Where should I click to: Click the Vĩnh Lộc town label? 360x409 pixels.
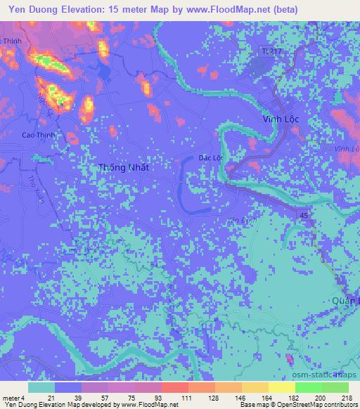pos(281,119)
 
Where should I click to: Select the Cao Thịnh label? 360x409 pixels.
pos(39,135)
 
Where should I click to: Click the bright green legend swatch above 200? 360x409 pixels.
pos(309,387)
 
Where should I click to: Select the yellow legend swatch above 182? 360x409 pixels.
pos(281,387)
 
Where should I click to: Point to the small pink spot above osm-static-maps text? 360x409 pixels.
pos(289,360)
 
